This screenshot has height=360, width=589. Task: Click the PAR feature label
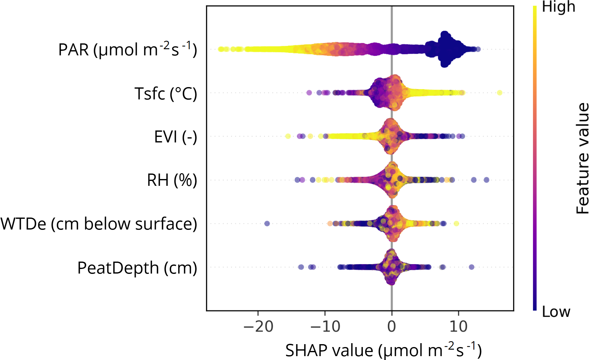(128, 50)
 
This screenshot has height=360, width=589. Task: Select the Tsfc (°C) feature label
(166, 94)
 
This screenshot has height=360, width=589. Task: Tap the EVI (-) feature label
(175, 137)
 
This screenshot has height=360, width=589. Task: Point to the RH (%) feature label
(172, 180)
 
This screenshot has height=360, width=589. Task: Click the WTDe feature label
(99, 224)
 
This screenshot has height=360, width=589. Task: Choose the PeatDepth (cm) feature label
(137, 268)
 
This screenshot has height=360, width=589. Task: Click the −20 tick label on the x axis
(258, 327)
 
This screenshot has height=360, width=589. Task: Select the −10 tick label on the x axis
(325, 327)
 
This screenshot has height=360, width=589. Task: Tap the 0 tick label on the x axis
(392, 327)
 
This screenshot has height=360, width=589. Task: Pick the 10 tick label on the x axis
(458, 327)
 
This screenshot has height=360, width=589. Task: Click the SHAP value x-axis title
(383, 350)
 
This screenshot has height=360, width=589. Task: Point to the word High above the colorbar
(559, 7)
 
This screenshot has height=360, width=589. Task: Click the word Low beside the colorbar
(556, 312)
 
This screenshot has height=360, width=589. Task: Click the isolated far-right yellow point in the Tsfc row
(499, 93)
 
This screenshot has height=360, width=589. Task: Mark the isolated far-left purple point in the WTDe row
(267, 223)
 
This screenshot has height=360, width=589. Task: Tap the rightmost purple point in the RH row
(486, 180)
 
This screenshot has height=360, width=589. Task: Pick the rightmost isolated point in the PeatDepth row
(471, 267)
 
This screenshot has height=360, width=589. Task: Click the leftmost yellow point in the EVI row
(288, 136)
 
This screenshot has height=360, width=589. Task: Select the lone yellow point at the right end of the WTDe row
(456, 223)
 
